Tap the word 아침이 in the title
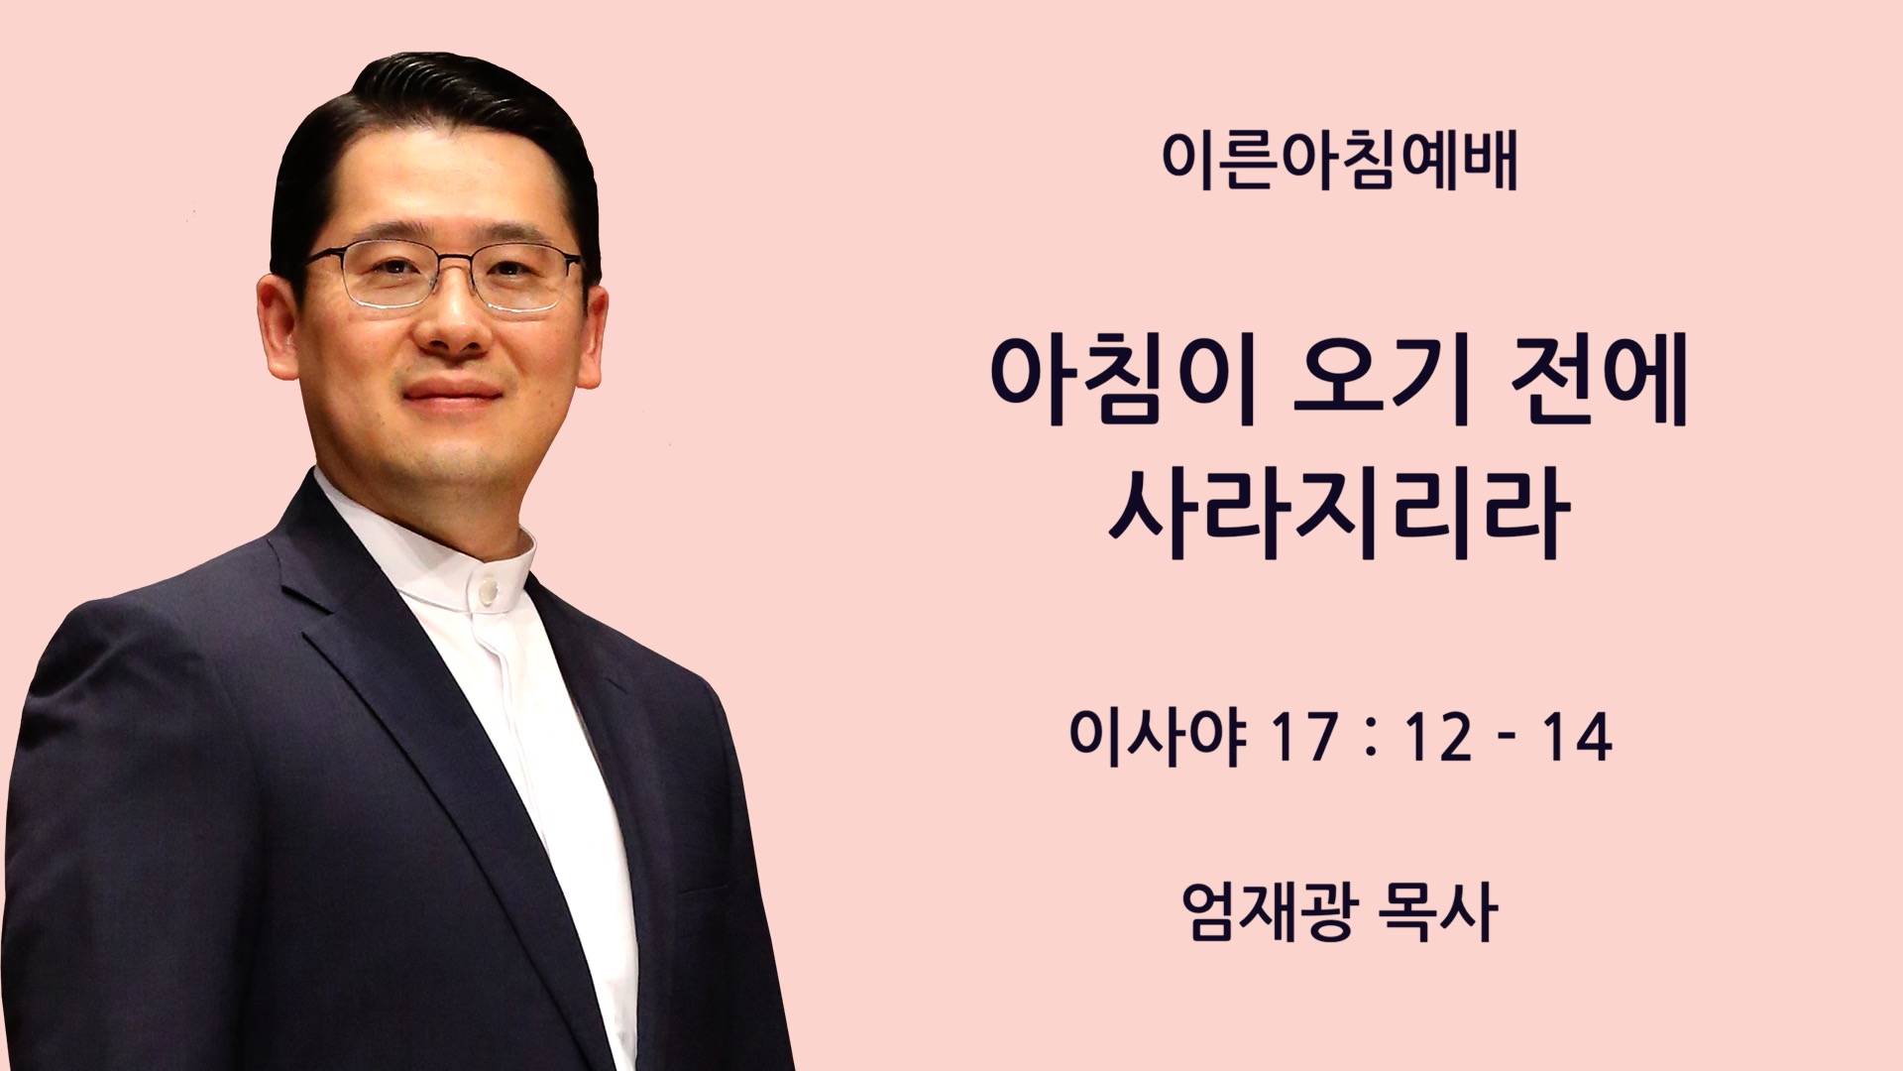[1124, 382]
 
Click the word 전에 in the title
[1599, 382]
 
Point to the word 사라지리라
[1339, 515]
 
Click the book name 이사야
[1157, 737]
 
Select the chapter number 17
[1301, 738]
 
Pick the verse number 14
[1577, 738]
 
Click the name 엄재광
[1266, 911]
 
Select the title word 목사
[1437, 911]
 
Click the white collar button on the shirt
[487, 592]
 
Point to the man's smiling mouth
[452, 391]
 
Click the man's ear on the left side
[280, 322]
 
